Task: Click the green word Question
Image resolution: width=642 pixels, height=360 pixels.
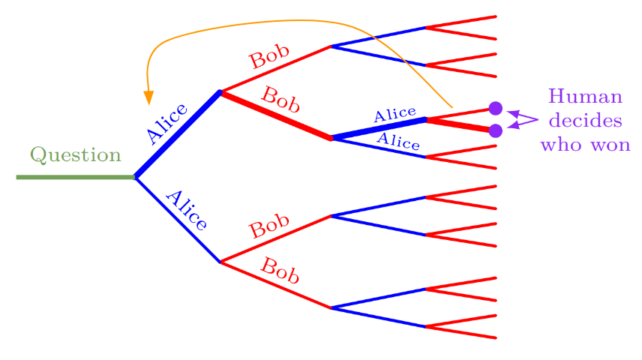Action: [75, 155]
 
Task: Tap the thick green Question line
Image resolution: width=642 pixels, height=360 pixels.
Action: [75, 177]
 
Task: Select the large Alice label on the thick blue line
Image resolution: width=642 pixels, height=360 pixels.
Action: [166, 123]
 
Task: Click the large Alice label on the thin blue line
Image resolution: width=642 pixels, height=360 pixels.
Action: [185, 210]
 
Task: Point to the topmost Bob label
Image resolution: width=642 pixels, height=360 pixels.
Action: [269, 58]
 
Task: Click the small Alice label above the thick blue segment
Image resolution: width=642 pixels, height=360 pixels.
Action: [394, 114]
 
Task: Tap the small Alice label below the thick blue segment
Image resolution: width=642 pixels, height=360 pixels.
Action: [397, 140]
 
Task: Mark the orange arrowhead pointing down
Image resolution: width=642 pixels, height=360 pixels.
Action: [148, 97]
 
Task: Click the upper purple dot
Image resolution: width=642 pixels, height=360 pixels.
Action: [495, 108]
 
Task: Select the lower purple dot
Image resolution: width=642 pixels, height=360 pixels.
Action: [495, 130]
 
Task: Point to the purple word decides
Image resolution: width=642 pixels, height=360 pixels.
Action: [585, 121]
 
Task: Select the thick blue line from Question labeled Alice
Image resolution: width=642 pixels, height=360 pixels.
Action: [177, 135]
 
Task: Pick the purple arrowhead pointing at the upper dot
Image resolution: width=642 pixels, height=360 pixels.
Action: [512, 113]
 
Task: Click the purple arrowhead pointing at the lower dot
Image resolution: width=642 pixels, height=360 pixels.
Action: [512, 125]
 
